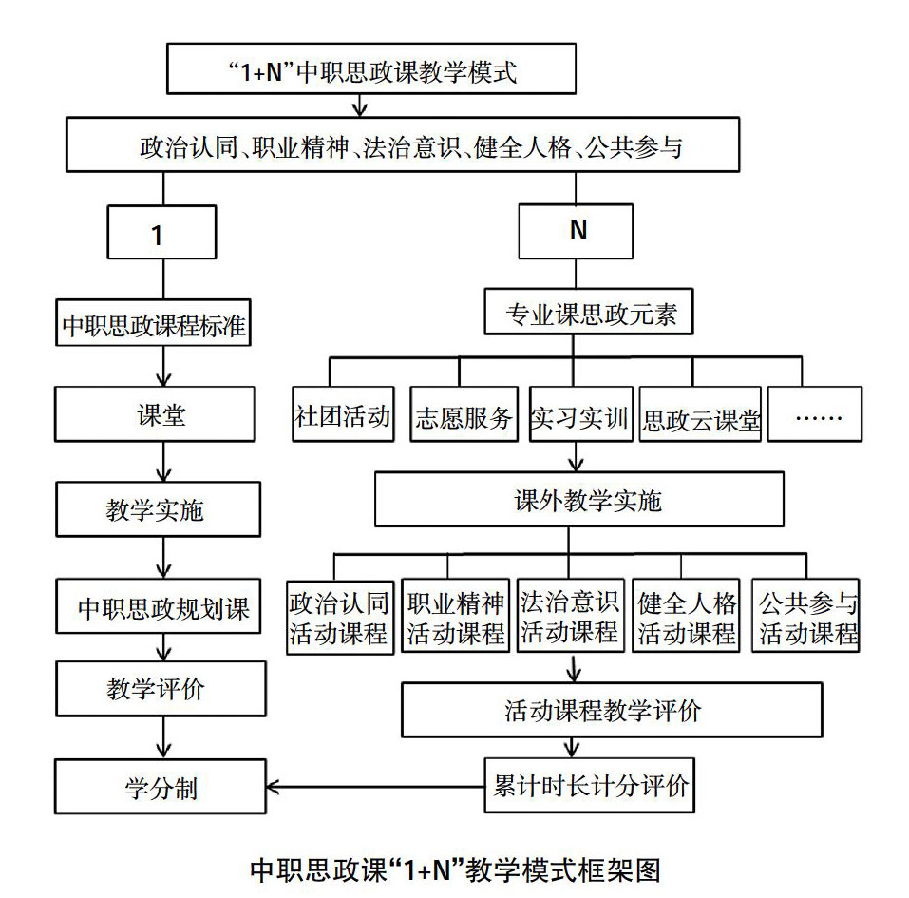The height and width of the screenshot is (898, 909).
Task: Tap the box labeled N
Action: (x=577, y=233)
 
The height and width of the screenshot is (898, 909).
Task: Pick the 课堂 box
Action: (x=155, y=414)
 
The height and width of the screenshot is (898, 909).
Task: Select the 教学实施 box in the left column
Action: (x=155, y=509)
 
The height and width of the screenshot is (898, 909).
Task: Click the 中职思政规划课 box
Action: (x=155, y=607)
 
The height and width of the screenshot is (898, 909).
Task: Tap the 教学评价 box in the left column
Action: (x=155, y=689)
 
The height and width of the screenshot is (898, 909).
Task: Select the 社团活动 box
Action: (x=342, y=414)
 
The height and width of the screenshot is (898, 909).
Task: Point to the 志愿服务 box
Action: (x=464, y=414)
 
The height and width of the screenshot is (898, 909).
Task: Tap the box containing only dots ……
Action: (x=814, y=414)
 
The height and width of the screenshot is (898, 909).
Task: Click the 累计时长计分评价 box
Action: (x=590, y=786)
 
